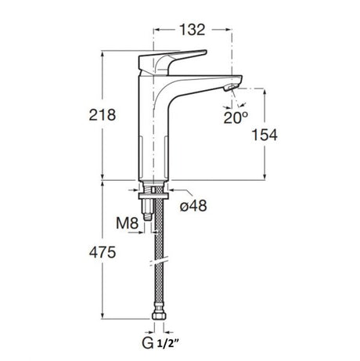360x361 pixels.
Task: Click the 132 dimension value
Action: pyautogui.click(x=193, y=30)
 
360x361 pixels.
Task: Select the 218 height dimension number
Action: pyautogui.click(x=103, y=115)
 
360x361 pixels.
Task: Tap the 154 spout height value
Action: pyautogui.click(x=265, y=135)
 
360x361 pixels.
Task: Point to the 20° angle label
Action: pyautogui.click(x=236, y=117)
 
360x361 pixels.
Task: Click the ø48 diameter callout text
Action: pyautogui.click(x=193, y=206)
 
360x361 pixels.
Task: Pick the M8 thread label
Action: pyautogui.click(x=127, y=223)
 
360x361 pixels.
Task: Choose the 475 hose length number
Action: pyautogui.click(x=103, y=252)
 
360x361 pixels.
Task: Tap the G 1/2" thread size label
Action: pyautogui.click(x=161, y=343)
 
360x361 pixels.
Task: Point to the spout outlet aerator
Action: pyautogui.click(x=232, y=88)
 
